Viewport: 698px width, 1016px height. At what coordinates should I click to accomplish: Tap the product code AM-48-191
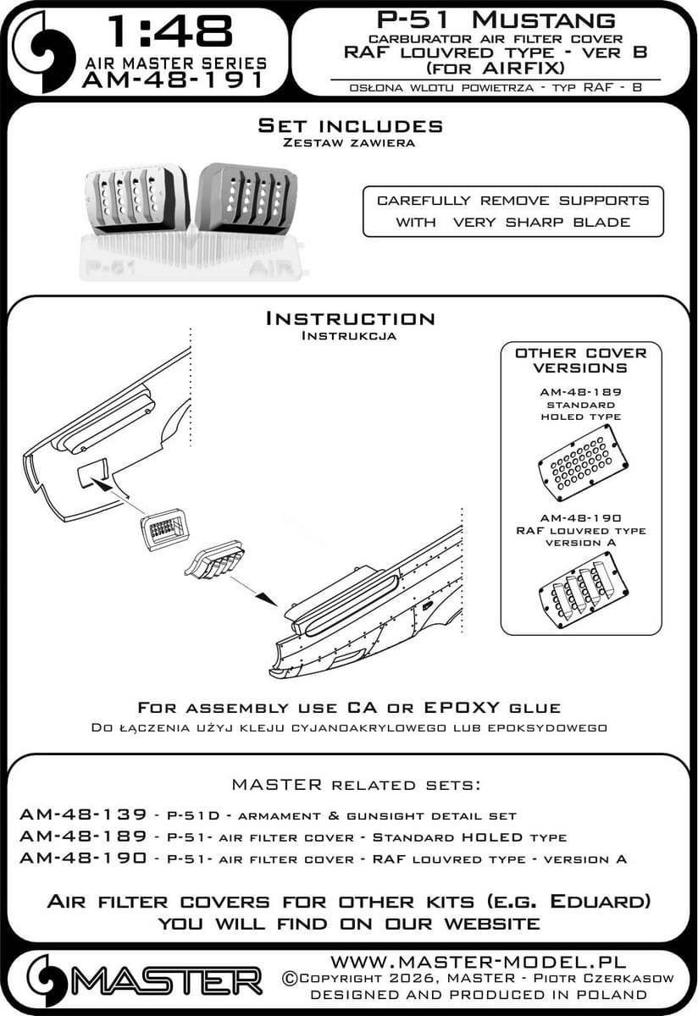coord(174,80)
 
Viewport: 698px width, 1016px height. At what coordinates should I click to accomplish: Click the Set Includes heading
coord(350,126)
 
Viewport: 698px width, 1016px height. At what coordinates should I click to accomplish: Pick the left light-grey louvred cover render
coord(135,202)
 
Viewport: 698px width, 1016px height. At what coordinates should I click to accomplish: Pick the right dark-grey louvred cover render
coord(247,199)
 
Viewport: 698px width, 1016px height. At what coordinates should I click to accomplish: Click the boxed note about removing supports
coord(513,211)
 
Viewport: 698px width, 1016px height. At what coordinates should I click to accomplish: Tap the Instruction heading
coord(350,318)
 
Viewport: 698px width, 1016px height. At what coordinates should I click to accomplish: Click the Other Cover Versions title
coord(581,360)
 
